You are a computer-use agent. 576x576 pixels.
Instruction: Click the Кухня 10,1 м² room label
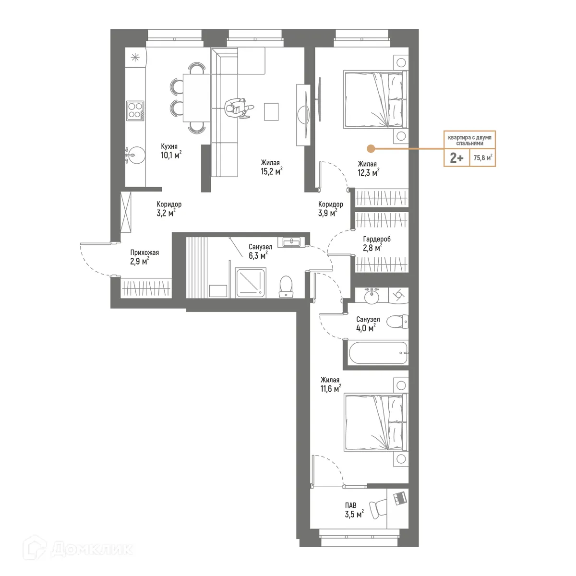[170, 151]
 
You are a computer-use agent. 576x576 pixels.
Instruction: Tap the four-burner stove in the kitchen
[135, 111]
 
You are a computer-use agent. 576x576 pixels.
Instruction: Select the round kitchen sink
[135, 155]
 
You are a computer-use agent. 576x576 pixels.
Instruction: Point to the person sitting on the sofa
[237, 107]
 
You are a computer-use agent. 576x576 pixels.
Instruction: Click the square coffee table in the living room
[272, 111]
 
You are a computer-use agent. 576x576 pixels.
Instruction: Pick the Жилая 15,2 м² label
[271, 167]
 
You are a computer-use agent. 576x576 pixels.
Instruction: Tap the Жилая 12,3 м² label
[368, 168]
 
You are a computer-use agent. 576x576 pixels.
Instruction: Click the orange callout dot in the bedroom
[370, 149]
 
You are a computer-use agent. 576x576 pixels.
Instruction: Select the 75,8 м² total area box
[482, 157]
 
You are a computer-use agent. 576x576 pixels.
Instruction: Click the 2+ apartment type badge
[456, 157]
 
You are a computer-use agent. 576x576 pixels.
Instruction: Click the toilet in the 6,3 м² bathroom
[287, 287]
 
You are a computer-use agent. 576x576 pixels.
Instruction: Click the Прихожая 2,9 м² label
[144, 256]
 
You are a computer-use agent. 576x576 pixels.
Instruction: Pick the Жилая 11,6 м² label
[331, 384]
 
